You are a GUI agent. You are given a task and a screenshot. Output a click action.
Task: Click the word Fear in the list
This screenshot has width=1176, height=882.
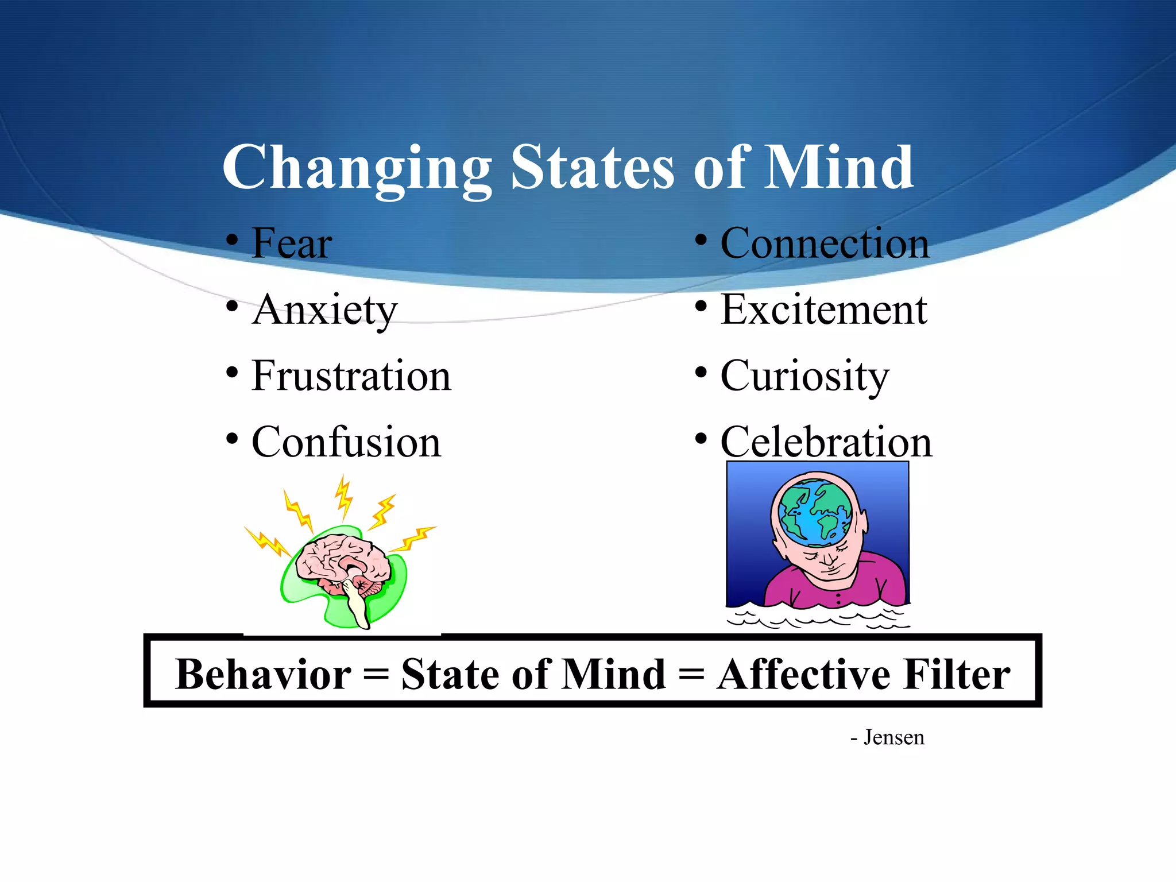(292, 243)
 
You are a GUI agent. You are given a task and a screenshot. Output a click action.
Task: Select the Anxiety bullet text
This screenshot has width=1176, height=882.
(324, 310)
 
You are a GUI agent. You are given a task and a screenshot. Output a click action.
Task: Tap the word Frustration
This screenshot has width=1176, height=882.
(351, 376)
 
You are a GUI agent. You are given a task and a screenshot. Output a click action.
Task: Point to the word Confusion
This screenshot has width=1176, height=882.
(346, 443)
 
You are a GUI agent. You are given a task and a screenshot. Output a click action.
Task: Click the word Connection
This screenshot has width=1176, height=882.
(825, 243)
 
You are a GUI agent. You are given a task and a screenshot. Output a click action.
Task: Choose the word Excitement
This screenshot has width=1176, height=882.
(823, 310)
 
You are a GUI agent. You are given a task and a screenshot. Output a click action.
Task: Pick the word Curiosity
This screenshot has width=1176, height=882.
(804, 376)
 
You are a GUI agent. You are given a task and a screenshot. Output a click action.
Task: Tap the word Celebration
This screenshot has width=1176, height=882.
(826, 443)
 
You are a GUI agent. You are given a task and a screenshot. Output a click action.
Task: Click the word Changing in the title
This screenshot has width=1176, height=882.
(357, 168)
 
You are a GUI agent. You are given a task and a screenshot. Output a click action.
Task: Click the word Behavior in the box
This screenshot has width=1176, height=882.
(263, 674)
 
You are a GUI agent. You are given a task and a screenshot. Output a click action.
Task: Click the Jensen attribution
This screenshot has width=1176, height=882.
(893, 737)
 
